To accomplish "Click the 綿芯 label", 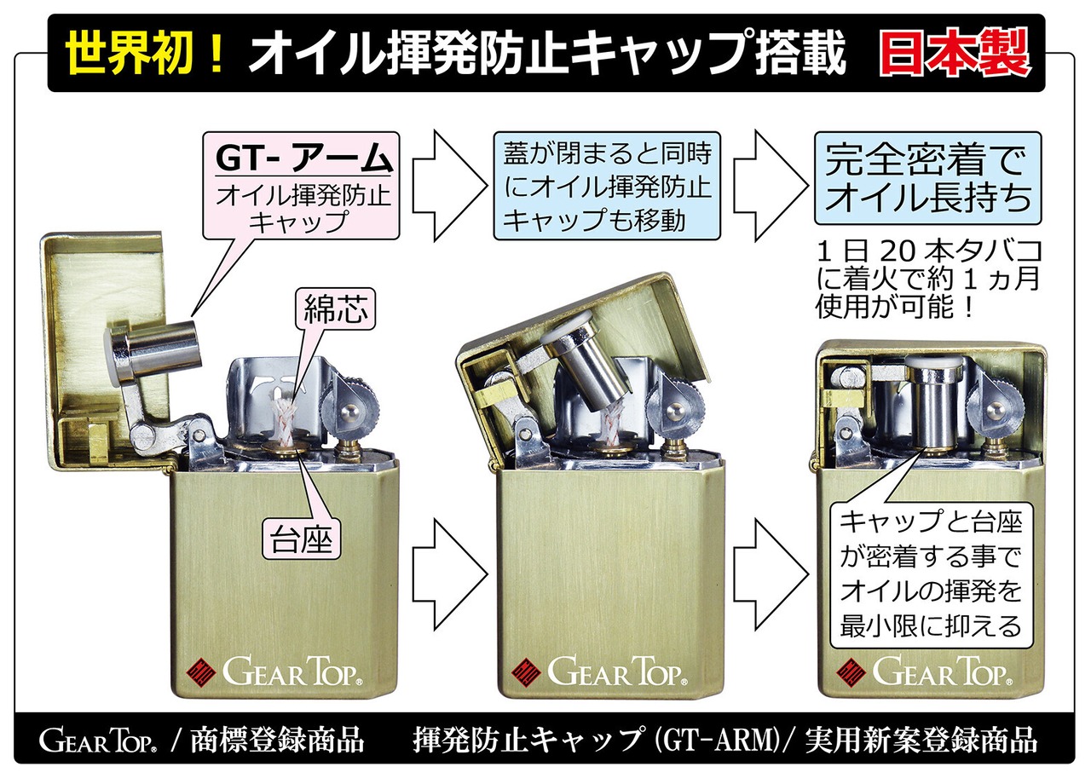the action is [336, 308].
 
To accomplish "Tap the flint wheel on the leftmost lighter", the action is [360, 401].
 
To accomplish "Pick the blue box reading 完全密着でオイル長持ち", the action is [928, 178].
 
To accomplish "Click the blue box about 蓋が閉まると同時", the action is [607, 186].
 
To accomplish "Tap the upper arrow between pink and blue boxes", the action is [449, 186].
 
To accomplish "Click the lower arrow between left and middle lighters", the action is [449, 574].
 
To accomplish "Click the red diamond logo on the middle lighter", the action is [526, 673].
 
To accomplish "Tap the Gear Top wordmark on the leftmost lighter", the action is [292, 671].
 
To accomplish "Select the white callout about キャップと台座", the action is [931, 575].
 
